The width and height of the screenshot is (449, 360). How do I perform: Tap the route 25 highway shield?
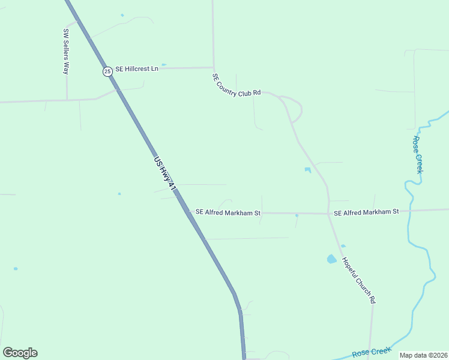tap(107, 71)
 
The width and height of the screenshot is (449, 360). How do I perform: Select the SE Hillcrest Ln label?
tap(137, 69)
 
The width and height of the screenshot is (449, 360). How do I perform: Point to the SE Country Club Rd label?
tap(237, 85)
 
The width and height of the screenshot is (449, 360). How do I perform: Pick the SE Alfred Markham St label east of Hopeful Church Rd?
tap(366, 212)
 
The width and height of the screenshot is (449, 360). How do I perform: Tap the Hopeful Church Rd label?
tap(359, 280)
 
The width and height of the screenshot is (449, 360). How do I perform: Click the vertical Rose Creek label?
tap(418, 155)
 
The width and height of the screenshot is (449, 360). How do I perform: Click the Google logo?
tap(20, 353)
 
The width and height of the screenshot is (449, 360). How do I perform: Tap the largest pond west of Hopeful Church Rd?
tap(331, 259)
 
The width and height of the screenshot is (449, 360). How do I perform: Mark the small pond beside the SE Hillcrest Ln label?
tap(164, 64)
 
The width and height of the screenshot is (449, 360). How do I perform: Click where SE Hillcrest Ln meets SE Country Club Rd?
tap(214, 68)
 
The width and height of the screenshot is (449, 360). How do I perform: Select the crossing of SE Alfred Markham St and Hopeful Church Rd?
tap(329, 213)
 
